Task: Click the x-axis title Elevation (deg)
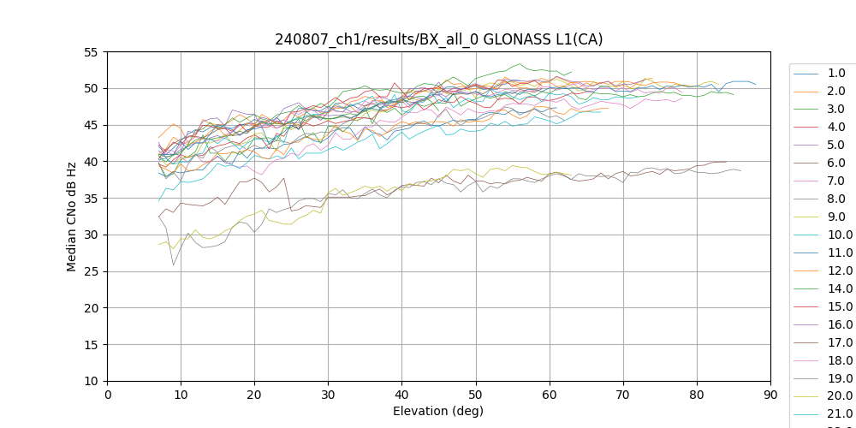438,411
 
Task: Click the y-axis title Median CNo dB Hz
72,217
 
